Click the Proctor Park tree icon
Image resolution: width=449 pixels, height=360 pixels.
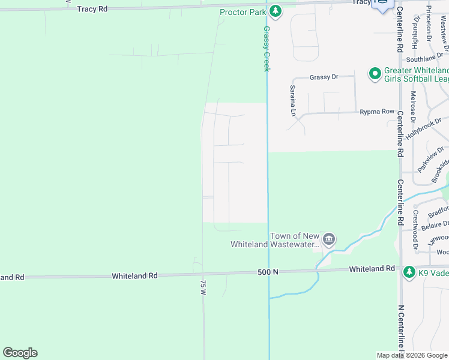(x=276, y=11)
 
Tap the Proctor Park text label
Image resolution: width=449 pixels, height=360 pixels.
(x=243, y=12)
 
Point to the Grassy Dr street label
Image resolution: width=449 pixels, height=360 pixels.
(x=324, y=77)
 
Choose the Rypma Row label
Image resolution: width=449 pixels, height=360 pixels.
(x=377, y=112)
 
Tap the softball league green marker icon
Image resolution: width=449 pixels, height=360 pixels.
(x=375, y=74)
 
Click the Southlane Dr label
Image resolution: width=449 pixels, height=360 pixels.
(x=424, y=59)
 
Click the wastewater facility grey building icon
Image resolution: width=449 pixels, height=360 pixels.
(x=329, y=239)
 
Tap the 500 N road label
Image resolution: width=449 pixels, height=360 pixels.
(x=268, y=272)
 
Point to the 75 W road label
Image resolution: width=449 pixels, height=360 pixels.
(x=203, y=287)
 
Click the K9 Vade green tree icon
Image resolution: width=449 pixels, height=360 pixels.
(x=409, y=272)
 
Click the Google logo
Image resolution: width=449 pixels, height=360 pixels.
(x=20, y=353)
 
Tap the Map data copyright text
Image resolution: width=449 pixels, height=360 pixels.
(x=412, y=355)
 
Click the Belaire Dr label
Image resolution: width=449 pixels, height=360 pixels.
(x=435, y=226)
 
